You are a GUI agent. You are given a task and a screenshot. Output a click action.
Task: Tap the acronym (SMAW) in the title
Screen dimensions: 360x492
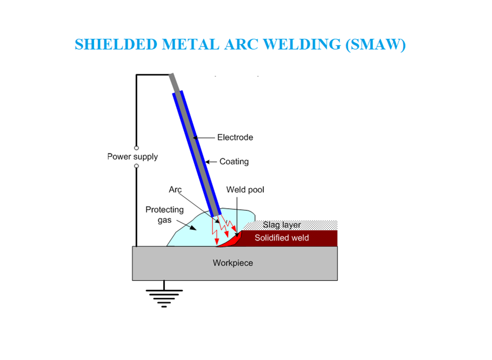(375, 44)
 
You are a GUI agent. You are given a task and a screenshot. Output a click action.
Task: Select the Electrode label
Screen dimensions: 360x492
(235, 138)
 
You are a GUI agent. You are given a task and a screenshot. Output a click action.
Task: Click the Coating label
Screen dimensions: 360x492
(234, 162)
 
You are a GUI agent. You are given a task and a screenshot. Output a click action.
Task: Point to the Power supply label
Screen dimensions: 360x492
(132, 157)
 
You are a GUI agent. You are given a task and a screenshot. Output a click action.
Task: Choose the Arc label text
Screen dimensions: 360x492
(175, 190)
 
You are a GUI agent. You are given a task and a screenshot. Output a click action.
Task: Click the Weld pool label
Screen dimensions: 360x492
(245, 190)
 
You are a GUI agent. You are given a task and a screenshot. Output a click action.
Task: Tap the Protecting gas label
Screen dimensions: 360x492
(164, 215)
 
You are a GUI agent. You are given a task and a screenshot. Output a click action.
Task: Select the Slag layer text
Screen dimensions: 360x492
(282, 225)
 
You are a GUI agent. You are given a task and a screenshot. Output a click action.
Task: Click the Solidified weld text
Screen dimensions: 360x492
(282, 238)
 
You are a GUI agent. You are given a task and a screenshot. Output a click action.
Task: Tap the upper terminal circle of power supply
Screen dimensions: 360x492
(137, 148)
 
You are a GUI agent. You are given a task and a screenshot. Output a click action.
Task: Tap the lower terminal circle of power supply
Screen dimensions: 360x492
(137, 166)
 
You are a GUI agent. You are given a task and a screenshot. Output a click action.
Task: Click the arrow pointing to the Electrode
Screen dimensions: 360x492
(205, 138)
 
